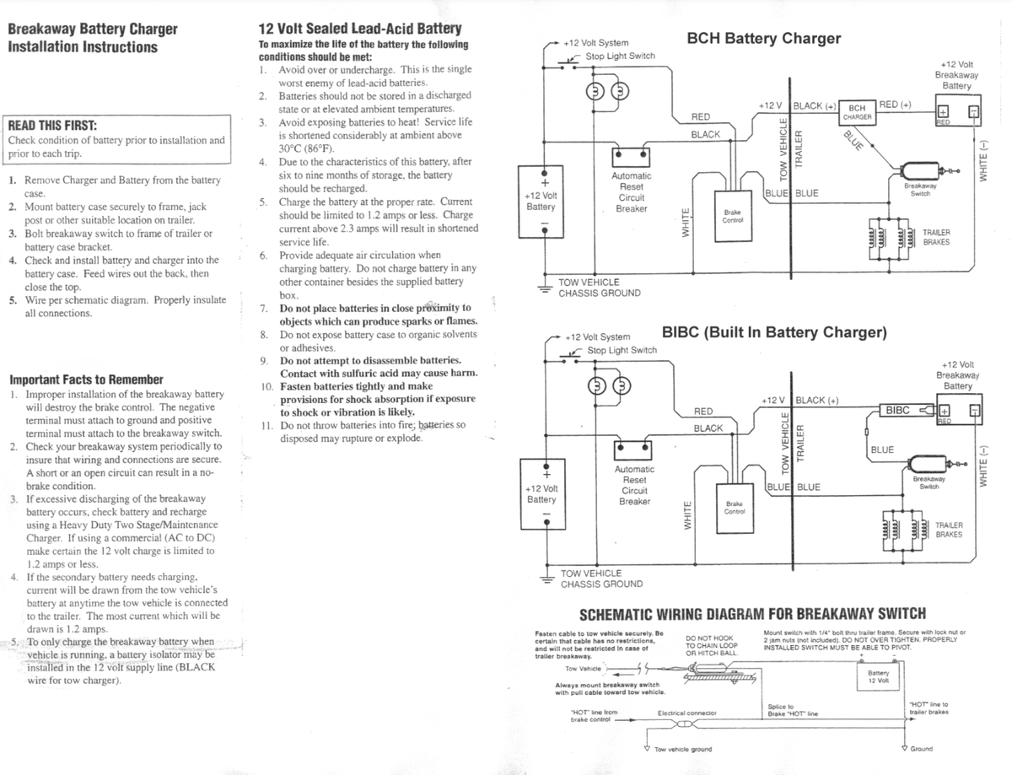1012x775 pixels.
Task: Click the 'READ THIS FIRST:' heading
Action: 51,124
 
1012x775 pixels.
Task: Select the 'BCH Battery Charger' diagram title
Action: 764,39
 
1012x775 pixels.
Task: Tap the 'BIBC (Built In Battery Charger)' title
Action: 774,332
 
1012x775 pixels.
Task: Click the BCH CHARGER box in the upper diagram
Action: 858,112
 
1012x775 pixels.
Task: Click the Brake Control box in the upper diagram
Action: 732,216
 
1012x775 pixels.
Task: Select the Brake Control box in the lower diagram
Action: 734,508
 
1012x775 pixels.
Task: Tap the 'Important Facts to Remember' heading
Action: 86,379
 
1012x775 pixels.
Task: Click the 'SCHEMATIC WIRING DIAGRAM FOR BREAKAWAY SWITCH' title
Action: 751,613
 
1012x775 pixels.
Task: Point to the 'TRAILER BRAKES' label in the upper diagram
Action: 936,237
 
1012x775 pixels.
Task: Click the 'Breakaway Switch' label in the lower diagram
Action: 929,482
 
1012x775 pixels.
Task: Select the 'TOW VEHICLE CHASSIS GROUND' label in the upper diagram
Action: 599,288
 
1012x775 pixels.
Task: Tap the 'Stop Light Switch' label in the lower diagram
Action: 622,350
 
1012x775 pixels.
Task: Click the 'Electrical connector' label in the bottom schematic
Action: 686,713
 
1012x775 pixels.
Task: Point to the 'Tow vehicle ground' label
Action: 682,749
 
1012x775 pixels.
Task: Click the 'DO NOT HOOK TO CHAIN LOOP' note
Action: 712,645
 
